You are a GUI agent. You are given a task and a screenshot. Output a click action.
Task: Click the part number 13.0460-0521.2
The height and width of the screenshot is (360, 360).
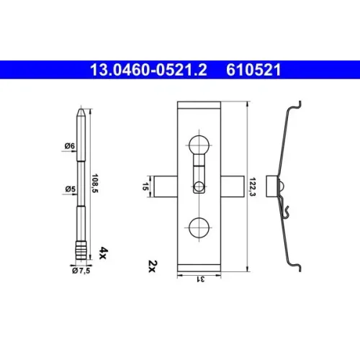point(148,70)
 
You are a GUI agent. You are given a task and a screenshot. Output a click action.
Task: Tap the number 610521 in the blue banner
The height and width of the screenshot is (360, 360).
point(253,70)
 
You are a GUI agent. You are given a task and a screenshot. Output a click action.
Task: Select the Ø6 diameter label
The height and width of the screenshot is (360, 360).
point(70,145)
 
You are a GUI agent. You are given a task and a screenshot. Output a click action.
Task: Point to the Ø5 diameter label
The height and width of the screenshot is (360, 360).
point(71,189)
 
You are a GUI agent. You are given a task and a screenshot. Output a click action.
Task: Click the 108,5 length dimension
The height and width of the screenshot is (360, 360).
point(95,184)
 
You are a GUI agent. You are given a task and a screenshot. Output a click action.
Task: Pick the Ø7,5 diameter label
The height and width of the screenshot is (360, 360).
point(81,271)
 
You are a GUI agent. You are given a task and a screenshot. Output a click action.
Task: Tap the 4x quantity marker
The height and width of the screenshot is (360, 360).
point(103,253)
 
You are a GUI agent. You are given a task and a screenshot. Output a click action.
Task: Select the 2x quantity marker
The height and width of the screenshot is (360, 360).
point(152,266)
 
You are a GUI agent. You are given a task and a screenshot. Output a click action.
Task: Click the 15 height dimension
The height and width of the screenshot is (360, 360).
point(145,186)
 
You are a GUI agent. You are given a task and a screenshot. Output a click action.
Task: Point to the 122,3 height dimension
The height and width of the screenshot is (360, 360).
point(252,187)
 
